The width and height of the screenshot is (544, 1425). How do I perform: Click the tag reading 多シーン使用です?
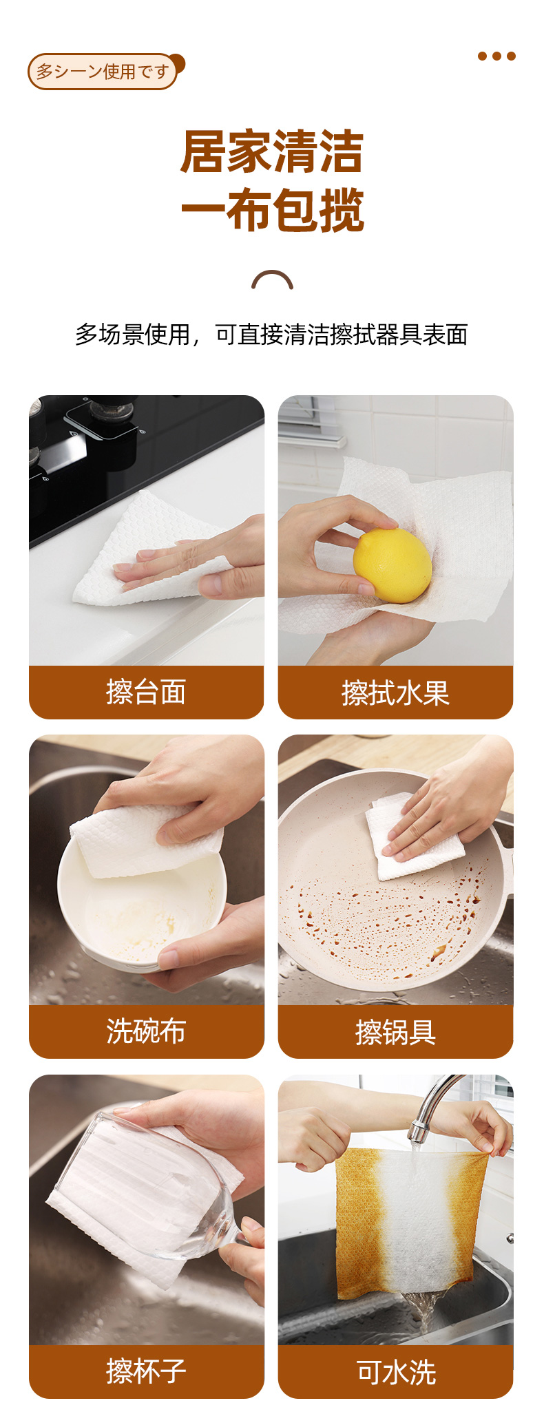103,71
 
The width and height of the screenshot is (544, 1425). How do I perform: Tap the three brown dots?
496,56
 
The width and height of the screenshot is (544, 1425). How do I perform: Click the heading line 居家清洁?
272,151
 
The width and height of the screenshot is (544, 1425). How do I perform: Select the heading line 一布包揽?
272,210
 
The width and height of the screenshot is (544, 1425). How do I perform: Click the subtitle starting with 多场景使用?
271,335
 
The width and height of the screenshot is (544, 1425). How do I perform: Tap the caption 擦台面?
146,692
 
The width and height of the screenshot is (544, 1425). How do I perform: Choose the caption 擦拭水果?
395,693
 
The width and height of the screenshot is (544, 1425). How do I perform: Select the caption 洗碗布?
146,1031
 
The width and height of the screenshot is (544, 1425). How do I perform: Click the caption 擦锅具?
395,1032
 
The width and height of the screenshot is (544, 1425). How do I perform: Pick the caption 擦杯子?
146,1371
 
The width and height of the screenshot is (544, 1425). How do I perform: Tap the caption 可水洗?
396,1372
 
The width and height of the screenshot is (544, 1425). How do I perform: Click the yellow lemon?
393,565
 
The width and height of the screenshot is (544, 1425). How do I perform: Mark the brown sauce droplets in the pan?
386,916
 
